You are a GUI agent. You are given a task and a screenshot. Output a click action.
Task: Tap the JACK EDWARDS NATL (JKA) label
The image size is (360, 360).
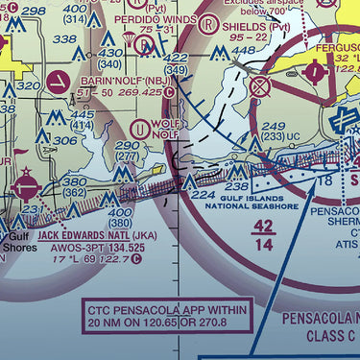91,235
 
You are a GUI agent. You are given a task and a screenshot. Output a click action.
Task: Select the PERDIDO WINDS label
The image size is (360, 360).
151,17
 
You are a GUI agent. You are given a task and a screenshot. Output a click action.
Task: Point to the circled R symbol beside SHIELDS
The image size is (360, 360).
207,26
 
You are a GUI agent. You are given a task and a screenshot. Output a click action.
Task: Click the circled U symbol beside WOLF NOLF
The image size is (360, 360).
142,128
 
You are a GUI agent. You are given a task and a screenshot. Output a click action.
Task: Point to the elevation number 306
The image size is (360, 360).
64,141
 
